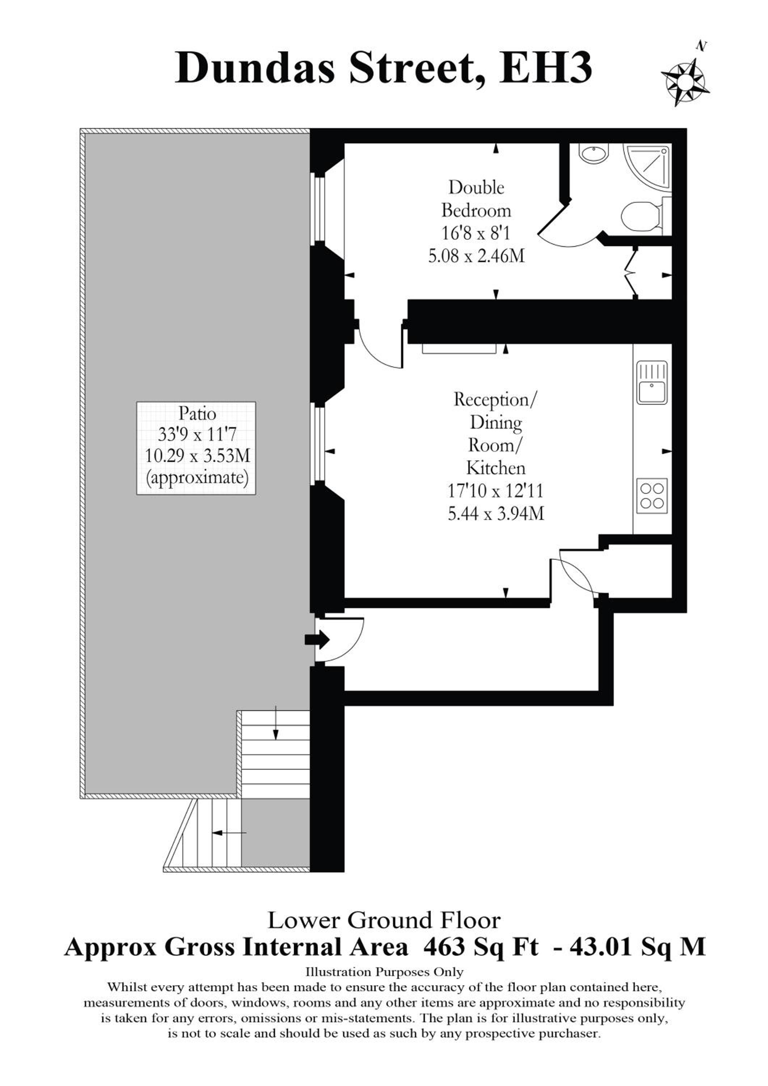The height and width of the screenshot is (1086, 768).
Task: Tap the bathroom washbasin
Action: tap(593, 154)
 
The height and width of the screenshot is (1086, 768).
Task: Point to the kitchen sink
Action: tap(652, 383)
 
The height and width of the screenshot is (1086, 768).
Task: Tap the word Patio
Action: tap(197, 413)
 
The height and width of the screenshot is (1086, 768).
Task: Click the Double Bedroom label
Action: tap(476, 199)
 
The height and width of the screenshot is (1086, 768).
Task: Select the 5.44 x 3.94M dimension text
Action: tap(495, 513)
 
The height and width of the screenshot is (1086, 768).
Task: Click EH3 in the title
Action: tap(546, 68)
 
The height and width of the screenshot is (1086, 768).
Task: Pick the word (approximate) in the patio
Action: tap(197, 478)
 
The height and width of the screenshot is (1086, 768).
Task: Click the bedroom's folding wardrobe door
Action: tap(631, 272)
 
